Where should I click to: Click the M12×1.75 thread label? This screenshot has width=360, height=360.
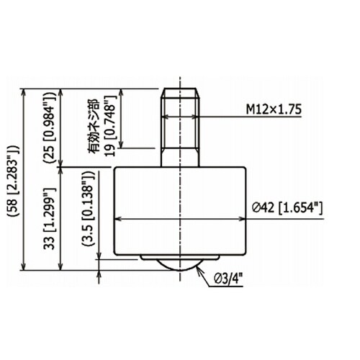click(274, 109)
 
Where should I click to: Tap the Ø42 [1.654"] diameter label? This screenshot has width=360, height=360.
click(287, 207)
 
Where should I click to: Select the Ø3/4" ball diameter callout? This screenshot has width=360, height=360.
click(228, 279)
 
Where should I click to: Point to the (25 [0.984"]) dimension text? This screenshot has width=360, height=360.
click(49, 127)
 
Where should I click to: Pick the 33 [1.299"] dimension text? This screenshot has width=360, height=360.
click(49, 218)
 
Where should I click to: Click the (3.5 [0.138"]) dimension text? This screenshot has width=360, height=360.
click(88, 209)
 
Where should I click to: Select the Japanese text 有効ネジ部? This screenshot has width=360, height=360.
click(94, 126)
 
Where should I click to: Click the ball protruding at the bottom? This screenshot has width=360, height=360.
click(180, 265)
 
